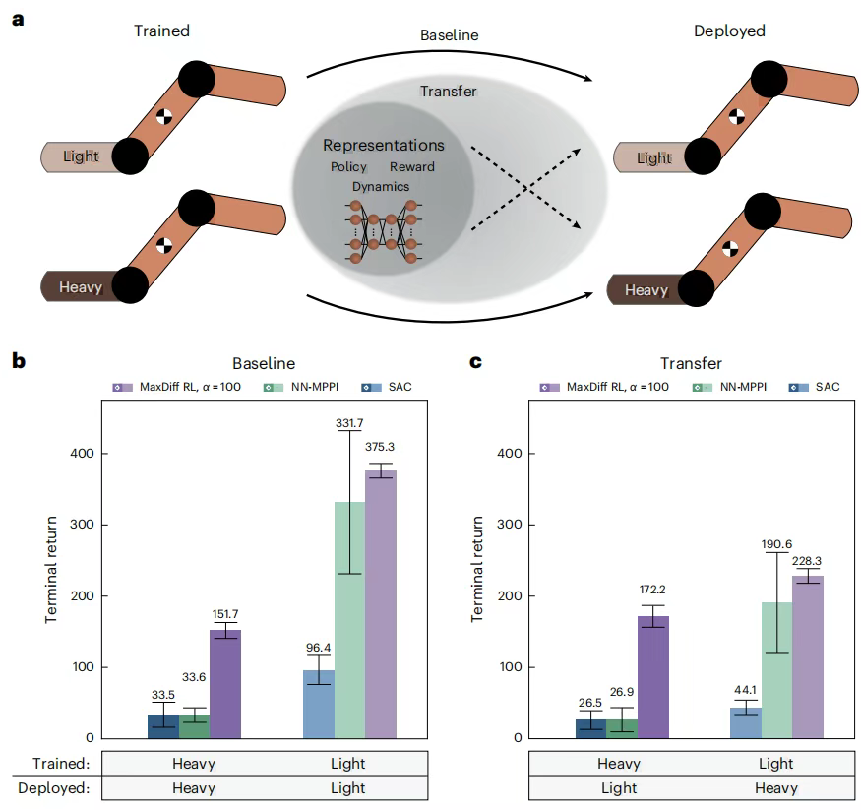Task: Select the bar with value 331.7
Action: [x=348, y=619]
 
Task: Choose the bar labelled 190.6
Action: [x=776, y=669]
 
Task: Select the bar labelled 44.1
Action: [x=745, y=721]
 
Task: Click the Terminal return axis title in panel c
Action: [x=478, y=570]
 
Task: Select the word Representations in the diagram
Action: [x=384, y=146]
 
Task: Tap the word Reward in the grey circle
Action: [x=411, y=167]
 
